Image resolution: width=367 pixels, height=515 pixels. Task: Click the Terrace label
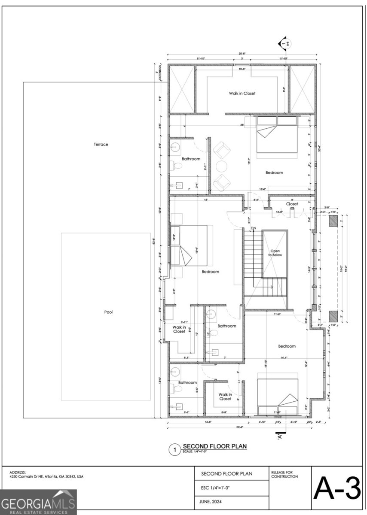[101, 145]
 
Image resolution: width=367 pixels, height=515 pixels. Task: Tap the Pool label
[109, 312]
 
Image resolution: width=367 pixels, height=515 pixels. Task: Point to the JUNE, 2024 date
[214, 501]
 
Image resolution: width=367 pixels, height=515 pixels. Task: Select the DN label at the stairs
[254, 228]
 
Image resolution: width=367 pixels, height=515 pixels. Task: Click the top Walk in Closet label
[242, 93]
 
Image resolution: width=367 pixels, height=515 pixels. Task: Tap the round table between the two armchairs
[221, 166]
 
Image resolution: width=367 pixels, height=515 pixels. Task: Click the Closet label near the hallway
[292, 204]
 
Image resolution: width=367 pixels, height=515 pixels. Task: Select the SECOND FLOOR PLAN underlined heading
[215, 447]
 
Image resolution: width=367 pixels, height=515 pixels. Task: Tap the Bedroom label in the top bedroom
[274, 173]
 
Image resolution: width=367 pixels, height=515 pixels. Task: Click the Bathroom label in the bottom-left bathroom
[188, 382]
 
